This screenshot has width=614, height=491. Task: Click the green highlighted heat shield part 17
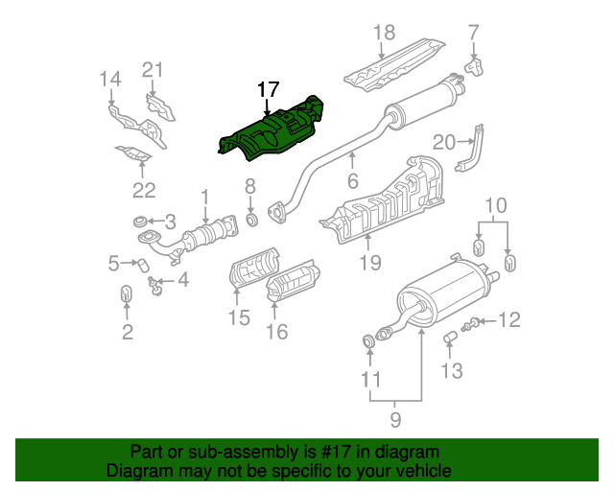tap(271, 131)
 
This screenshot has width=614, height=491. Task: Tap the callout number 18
tap(384, 33)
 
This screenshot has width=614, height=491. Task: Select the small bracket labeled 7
tap(474, 67)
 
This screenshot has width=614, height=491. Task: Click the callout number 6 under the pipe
tap(353, 181)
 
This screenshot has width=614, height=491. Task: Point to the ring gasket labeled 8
tap(251, 220)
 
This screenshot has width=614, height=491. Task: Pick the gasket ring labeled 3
tap(140, 222)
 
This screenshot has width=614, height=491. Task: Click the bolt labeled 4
tap(155, 286)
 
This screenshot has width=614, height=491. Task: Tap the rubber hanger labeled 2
tap(126, 294)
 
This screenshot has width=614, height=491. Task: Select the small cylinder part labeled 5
tap(143, 265)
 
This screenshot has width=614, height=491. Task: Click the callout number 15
tap(239, 317)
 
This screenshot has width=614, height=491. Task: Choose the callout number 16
tap(277, 332)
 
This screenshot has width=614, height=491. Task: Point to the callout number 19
tap(370, 263)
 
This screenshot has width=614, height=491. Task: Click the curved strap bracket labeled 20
tap(470, 149)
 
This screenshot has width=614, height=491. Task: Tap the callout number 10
tap(496, 205)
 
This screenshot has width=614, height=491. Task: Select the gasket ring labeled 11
tap(368, 340)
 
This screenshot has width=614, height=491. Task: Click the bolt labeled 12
tap(471, 324)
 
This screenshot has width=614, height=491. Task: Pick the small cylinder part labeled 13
tap(450, 338)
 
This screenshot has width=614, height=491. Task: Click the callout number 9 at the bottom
tap(395, 419)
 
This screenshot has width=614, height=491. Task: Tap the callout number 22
tap(144, 191)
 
